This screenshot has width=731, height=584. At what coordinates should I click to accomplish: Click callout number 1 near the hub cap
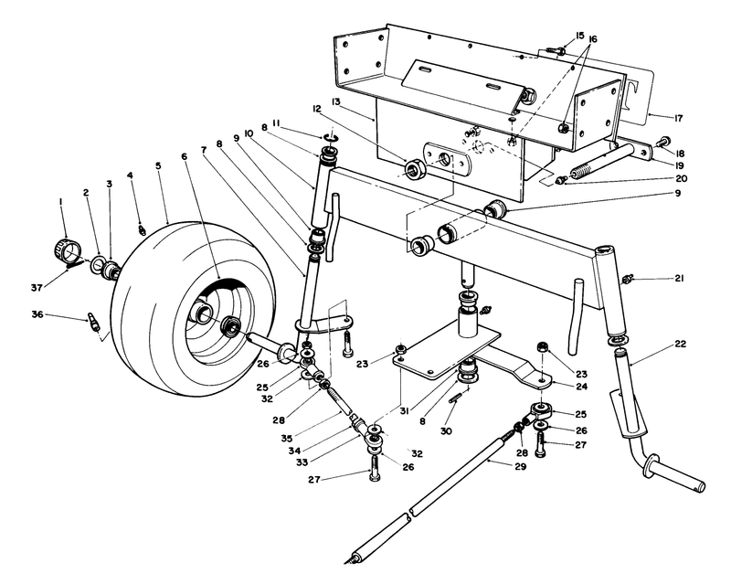61,201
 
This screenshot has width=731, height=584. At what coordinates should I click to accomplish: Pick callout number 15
579,36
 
